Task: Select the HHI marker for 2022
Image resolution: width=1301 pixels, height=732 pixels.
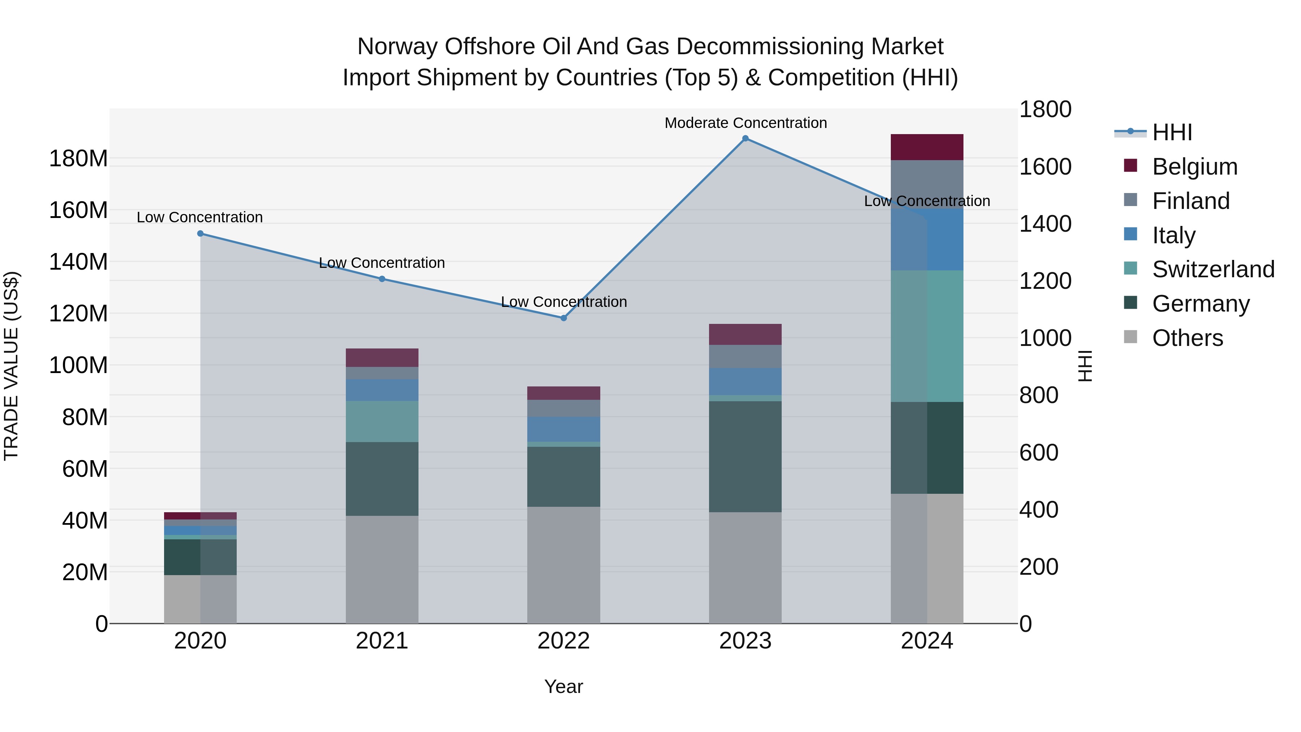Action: pyautogui.click(x=564, y=318)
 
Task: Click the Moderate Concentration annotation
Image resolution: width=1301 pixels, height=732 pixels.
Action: pyautogui.click(x=746, y=123)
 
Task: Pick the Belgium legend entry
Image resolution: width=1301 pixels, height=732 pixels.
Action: pyautogui.click(x=1194, y=167)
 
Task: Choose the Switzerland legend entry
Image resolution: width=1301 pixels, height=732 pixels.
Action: pyautogui.click(x=1212, y=269)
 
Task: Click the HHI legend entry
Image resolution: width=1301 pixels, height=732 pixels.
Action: pyautogui.click(x=1172, y=132)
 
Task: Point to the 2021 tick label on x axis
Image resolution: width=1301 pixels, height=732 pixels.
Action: pyautogui.click(x=382, y=641)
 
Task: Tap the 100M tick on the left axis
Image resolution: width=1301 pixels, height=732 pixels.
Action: pyautogui.click(x=78, y=365)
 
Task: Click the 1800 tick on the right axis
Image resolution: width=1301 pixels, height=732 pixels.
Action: pyautogui.click(x=1045, y=109)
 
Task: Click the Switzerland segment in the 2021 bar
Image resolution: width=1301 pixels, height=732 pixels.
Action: pyautogui.click(x=382, y=421)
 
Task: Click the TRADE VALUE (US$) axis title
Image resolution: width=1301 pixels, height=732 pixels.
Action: pyautogui.click(x=11, y=366)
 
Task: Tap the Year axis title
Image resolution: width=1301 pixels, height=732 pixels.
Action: pyautogui.click(x=564, y=686)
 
